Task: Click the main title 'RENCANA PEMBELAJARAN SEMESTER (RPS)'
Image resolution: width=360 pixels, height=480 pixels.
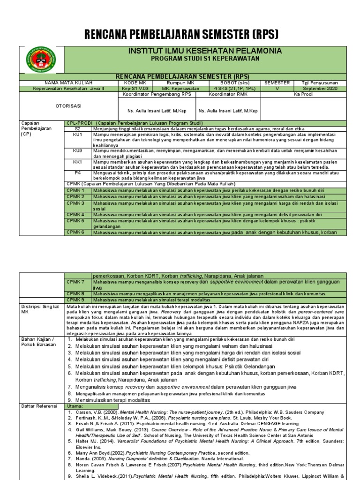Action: point(181,34)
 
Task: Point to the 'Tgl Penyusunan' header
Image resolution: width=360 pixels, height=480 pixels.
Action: point(320,82)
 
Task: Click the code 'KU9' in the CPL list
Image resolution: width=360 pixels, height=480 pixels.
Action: point(78,150)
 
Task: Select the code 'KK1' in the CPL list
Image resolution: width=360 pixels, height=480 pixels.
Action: point(78,162)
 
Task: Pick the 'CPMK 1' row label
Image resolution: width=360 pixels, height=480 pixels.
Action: point(75,191)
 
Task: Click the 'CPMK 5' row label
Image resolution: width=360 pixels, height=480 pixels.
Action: point(75,220)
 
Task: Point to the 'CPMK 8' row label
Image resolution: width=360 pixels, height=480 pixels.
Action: point(75,293)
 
